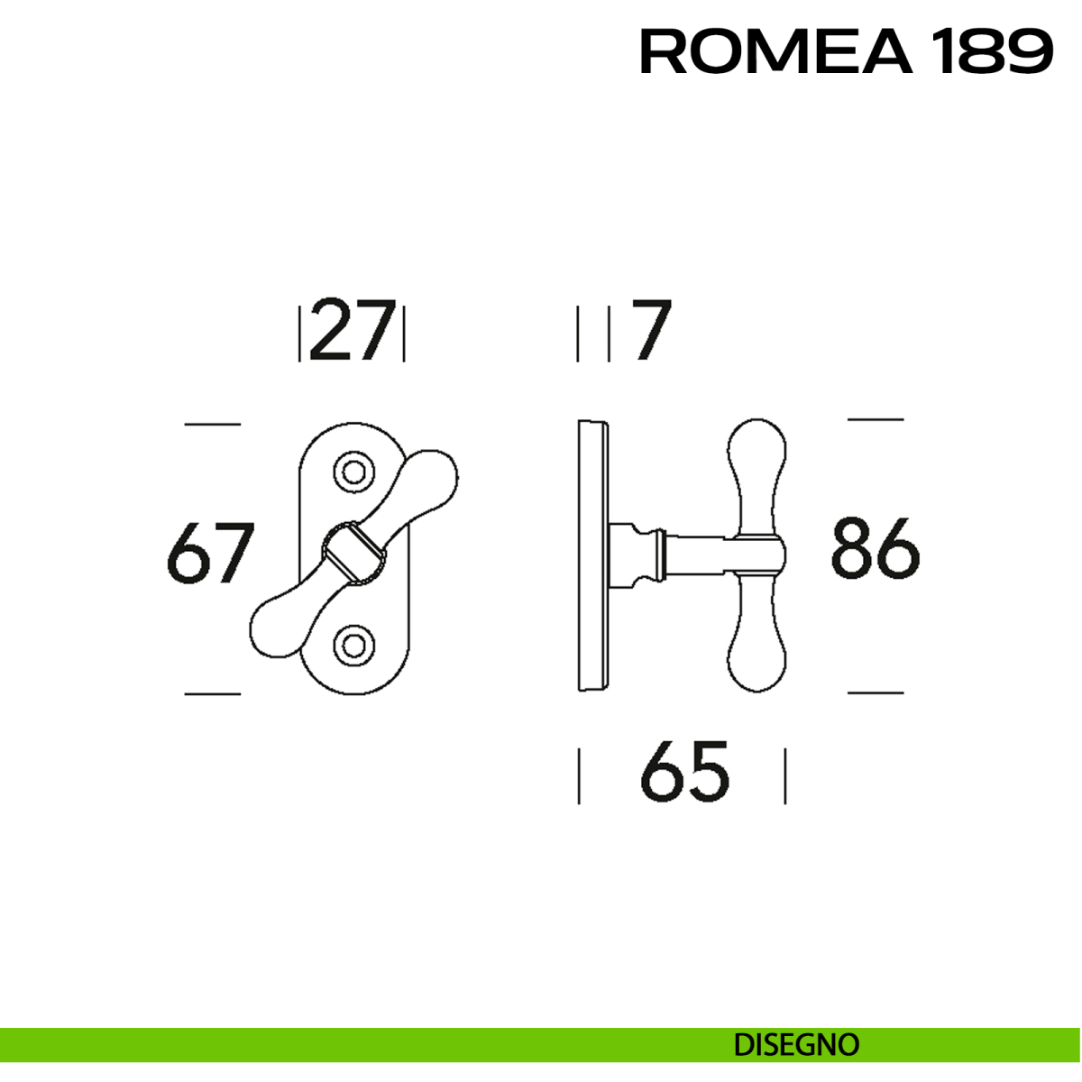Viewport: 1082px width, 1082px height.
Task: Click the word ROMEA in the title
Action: (x=776, y=51)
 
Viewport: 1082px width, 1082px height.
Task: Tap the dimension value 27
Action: (x=353, y=331)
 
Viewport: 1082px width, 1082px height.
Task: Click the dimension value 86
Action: (x=875, y=547)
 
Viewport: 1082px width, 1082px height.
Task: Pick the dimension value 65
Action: (x=684, y=772)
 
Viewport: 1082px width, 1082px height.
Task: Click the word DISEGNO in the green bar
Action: (x=796, y=1045)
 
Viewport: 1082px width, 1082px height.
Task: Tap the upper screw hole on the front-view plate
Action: (x=353, y=472)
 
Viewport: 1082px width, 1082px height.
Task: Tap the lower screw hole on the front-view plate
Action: (x=353, y=644)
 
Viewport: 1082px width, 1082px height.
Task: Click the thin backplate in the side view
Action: (x=592, y=555)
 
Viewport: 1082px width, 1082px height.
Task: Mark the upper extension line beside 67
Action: (x=213, y=424)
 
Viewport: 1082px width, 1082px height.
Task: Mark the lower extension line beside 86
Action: (x=875, y=692)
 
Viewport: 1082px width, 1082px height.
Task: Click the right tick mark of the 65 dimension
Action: (x=785, y=775)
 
